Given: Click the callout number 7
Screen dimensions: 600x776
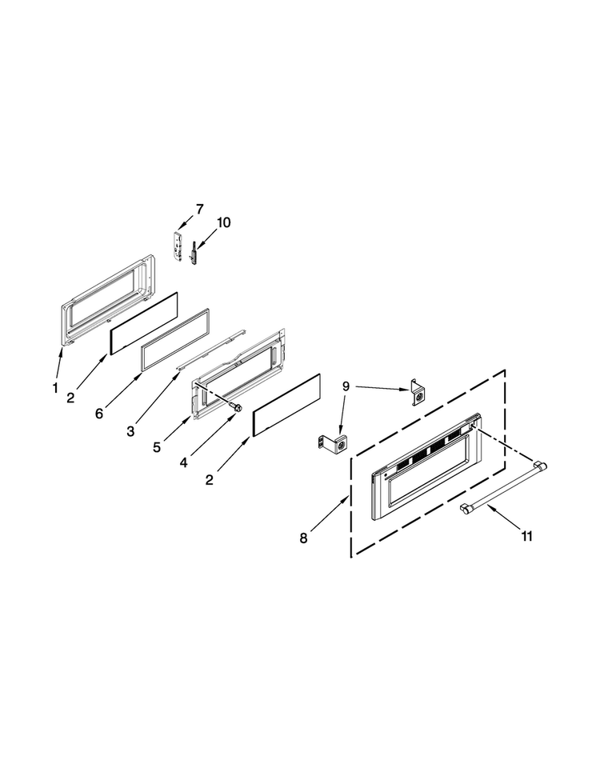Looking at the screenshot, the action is (199, 210).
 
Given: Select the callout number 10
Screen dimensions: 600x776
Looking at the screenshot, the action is (223, 222).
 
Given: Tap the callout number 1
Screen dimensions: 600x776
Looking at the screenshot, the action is (55, 387).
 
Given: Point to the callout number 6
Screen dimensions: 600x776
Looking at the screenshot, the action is (99, 414).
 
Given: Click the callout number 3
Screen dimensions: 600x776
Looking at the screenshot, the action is (130, 431).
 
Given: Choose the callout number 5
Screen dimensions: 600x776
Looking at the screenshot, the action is (157, 447).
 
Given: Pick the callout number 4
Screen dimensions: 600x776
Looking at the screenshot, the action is (184, 462).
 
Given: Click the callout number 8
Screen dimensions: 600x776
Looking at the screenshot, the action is (303, 538).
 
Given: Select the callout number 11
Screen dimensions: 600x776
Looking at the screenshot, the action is (526, 536).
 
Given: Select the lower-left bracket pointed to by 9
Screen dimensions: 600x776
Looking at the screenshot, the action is (333, 444).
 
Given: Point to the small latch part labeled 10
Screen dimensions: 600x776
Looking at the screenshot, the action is (194, 253).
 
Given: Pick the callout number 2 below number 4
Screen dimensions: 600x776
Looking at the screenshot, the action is (210, 479).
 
